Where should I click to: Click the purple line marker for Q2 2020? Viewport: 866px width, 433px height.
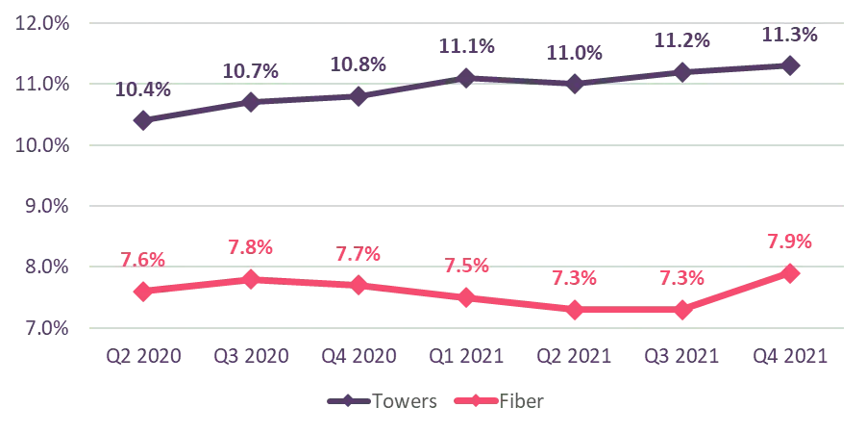(143, 120)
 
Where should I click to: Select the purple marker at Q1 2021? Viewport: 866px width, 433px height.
(466, 78)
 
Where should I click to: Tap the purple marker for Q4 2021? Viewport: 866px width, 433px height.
(790, 65)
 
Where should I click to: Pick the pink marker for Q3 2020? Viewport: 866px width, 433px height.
(251, 280)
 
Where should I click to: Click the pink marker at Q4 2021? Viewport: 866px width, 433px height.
(790, 273)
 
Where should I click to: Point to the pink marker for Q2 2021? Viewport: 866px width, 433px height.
(575, 310)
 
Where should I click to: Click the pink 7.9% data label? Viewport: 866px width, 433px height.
(790, 241)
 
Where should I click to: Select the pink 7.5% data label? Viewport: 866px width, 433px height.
(466, 265)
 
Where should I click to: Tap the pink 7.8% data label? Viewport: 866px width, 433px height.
(251, 246)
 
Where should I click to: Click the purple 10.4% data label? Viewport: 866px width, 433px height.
(143, 89)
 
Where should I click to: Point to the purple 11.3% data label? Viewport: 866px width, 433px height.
(790, 35)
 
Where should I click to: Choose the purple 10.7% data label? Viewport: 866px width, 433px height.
(251, 70)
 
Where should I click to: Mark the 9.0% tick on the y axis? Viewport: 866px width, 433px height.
(42, 205)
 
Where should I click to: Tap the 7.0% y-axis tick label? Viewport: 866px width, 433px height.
(42, 328)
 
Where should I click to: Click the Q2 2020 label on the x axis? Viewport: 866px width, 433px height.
(143, 357)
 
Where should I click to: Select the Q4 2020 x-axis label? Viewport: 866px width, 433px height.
(359, 357)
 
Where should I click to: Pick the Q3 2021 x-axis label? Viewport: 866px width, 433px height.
(682, 357)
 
